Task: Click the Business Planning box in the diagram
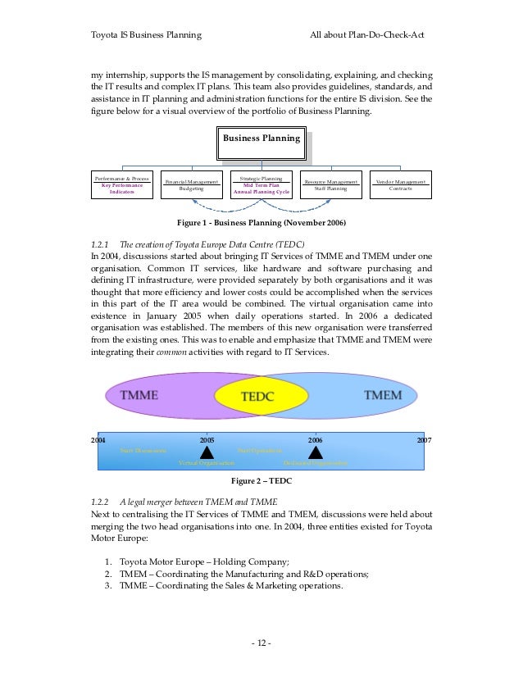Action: point(261,139)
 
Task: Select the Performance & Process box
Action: point(122,185)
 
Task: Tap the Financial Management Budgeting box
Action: point(191,185)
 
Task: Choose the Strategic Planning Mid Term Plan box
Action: point(261,185)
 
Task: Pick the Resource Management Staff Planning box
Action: point(330,185)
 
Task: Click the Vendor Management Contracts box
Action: point(401,185)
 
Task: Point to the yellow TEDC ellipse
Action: point(261,396)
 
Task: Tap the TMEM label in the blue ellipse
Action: point(382,395)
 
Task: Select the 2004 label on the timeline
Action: point(98,440)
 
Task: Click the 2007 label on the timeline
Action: point(424,440)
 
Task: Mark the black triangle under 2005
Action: point(207,452)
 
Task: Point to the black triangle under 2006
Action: point(316,452)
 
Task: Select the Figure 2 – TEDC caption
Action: point(261,480)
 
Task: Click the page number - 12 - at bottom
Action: point(261,642)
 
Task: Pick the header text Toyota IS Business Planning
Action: point(146,35)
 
